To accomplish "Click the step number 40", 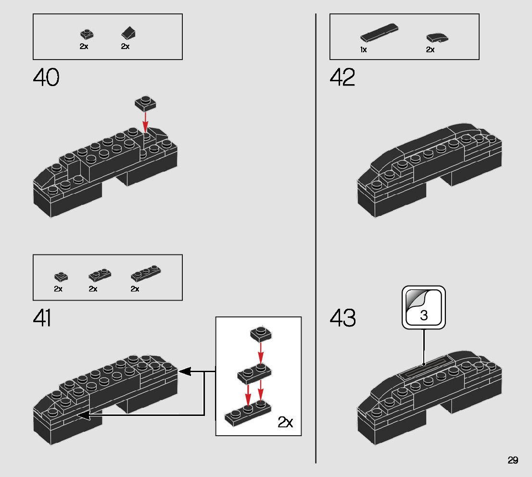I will (x=46, y=77).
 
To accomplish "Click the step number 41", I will (x=42, y=318).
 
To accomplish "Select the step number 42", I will (x=342, y=77).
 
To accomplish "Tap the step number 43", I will (x=343, y=318).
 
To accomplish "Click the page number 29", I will (x=513, y=460).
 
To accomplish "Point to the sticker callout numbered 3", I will (x=424, y=308).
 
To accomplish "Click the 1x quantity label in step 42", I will (x=363, y=50).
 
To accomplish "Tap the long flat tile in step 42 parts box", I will (x=379, y=32).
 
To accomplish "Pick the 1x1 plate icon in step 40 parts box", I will (x=87, y=34).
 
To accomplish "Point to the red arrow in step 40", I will (x=145, y=121).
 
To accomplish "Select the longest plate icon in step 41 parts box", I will (x=145, y=273).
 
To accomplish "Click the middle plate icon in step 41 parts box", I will (x=100, y=275).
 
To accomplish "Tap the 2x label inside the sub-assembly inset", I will (x=285, y=422).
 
